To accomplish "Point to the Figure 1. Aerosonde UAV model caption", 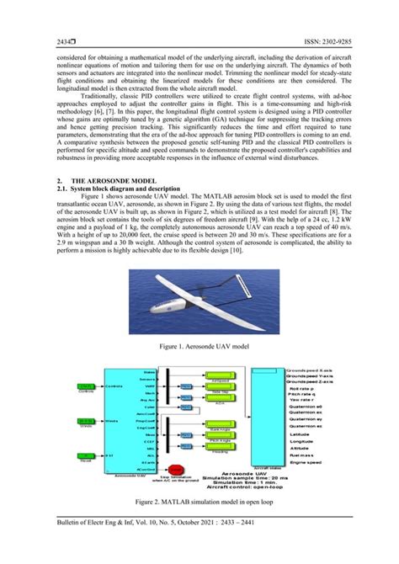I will (x=199, y=345).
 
